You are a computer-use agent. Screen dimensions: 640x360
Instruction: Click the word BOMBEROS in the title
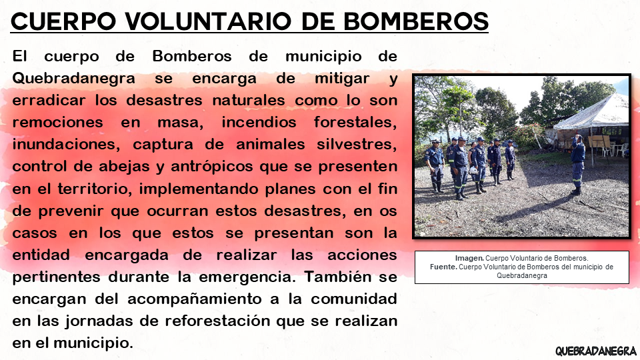point(416,21)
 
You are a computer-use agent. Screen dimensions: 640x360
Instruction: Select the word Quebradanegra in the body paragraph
point(74,79)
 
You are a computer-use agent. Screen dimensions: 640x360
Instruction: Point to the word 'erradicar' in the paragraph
point(49,101)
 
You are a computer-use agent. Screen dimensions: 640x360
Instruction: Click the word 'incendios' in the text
point(259,123)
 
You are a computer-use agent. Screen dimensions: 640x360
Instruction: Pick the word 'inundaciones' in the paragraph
point(66,145)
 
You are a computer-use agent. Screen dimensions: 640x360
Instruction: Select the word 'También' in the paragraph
point(339,277)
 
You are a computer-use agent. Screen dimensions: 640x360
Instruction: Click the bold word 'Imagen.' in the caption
point(469,259)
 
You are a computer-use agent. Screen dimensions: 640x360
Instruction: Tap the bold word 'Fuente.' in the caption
point(443,267)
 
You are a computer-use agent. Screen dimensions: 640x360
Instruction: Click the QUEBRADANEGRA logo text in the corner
point(596,351)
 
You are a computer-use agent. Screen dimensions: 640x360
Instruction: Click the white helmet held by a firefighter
point(473,170)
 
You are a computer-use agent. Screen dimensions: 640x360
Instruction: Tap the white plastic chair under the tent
point(621,149)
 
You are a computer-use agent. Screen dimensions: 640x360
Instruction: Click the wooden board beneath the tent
point(599,141)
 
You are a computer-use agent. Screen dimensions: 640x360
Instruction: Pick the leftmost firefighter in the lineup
point(435,166)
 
